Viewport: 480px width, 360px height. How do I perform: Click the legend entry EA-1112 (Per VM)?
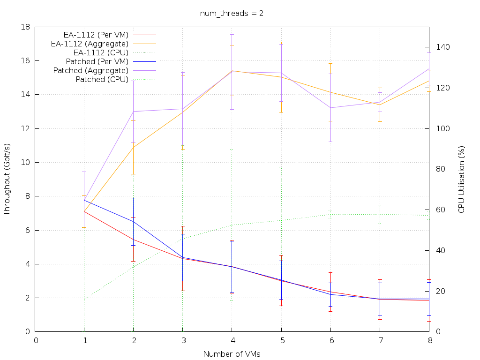click(96, 35)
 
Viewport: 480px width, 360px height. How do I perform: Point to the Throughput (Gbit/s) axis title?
click(7, 180)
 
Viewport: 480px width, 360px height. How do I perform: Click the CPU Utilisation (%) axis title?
click(462, 180)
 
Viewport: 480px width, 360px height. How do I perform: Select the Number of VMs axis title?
click(232, 354)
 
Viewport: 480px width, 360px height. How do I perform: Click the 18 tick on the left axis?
click(26, 27)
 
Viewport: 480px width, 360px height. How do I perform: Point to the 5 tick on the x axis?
click(281, 340)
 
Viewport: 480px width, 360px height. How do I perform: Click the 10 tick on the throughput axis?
click(26, 162)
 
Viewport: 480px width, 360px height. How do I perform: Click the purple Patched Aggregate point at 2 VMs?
click(134, 112)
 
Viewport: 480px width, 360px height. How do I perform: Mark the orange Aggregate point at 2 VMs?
click(134, 147)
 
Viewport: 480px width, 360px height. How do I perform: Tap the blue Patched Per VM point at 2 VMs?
click(134, 221)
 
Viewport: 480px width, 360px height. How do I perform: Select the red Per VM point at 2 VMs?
click(134, 240)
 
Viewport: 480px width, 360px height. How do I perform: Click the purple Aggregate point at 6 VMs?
click(330, 108)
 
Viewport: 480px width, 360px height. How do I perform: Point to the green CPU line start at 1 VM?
click(84, 299)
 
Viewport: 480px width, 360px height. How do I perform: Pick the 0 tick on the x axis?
click(36, 340)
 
